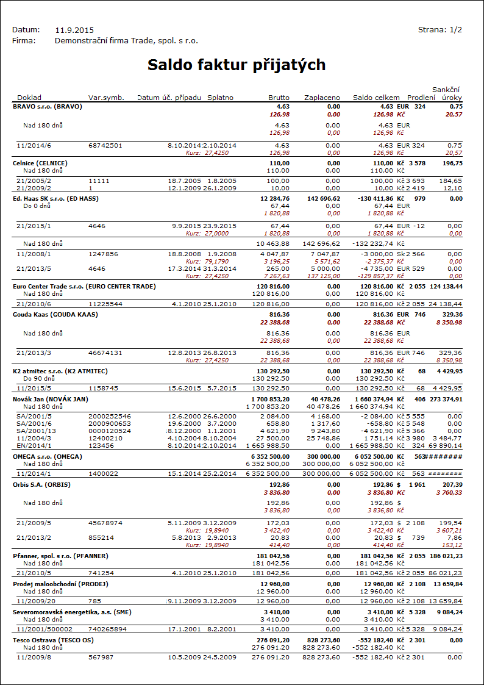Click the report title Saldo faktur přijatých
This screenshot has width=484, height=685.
[x=237, y=65]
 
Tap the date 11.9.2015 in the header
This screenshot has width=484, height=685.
[x=74, y=30]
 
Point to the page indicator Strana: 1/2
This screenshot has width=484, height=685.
[x=440, y=29]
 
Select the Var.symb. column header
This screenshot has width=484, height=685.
[x=106, y=98]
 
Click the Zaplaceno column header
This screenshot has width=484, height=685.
[x=322, y=98]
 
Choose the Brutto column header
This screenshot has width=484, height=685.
[x=279, y=98]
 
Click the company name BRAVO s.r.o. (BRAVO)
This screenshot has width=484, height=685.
[x=47, y=106]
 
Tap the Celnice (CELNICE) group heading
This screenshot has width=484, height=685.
[x=40, y=163]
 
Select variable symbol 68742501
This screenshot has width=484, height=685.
[x=105, y=145]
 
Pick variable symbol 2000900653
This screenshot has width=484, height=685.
[x=109, y=423]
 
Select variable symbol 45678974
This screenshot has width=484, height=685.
[x=105, y=523]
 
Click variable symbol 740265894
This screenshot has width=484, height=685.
[x=107, y=629]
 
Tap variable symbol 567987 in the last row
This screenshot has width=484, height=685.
[x=101, y=657]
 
